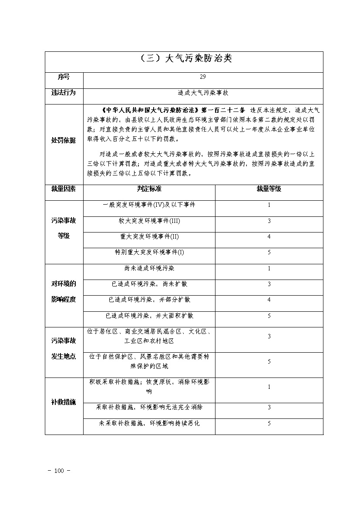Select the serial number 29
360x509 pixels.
(203, 77)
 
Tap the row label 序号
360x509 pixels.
(64, 77)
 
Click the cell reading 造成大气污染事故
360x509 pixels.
(203, 93)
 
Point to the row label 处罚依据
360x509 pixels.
(64, 140)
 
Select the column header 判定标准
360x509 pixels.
(149, 189)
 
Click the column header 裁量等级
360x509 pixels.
(269, 189)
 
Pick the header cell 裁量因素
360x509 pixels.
(64, 189)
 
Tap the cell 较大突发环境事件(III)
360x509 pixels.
(149, 221)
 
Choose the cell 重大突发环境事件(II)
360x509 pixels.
(149, 236)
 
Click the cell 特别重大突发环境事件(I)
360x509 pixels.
(149, 253)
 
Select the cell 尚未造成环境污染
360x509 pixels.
(149, 268)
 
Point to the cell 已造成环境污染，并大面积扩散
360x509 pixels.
(149, 316)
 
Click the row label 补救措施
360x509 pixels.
(64, 402)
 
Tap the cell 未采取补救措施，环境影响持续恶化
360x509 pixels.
(149, 423)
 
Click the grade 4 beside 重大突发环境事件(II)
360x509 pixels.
(269, 237)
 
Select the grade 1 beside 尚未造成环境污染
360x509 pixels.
(269, 269)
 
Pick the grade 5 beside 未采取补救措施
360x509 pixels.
(269, 423)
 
